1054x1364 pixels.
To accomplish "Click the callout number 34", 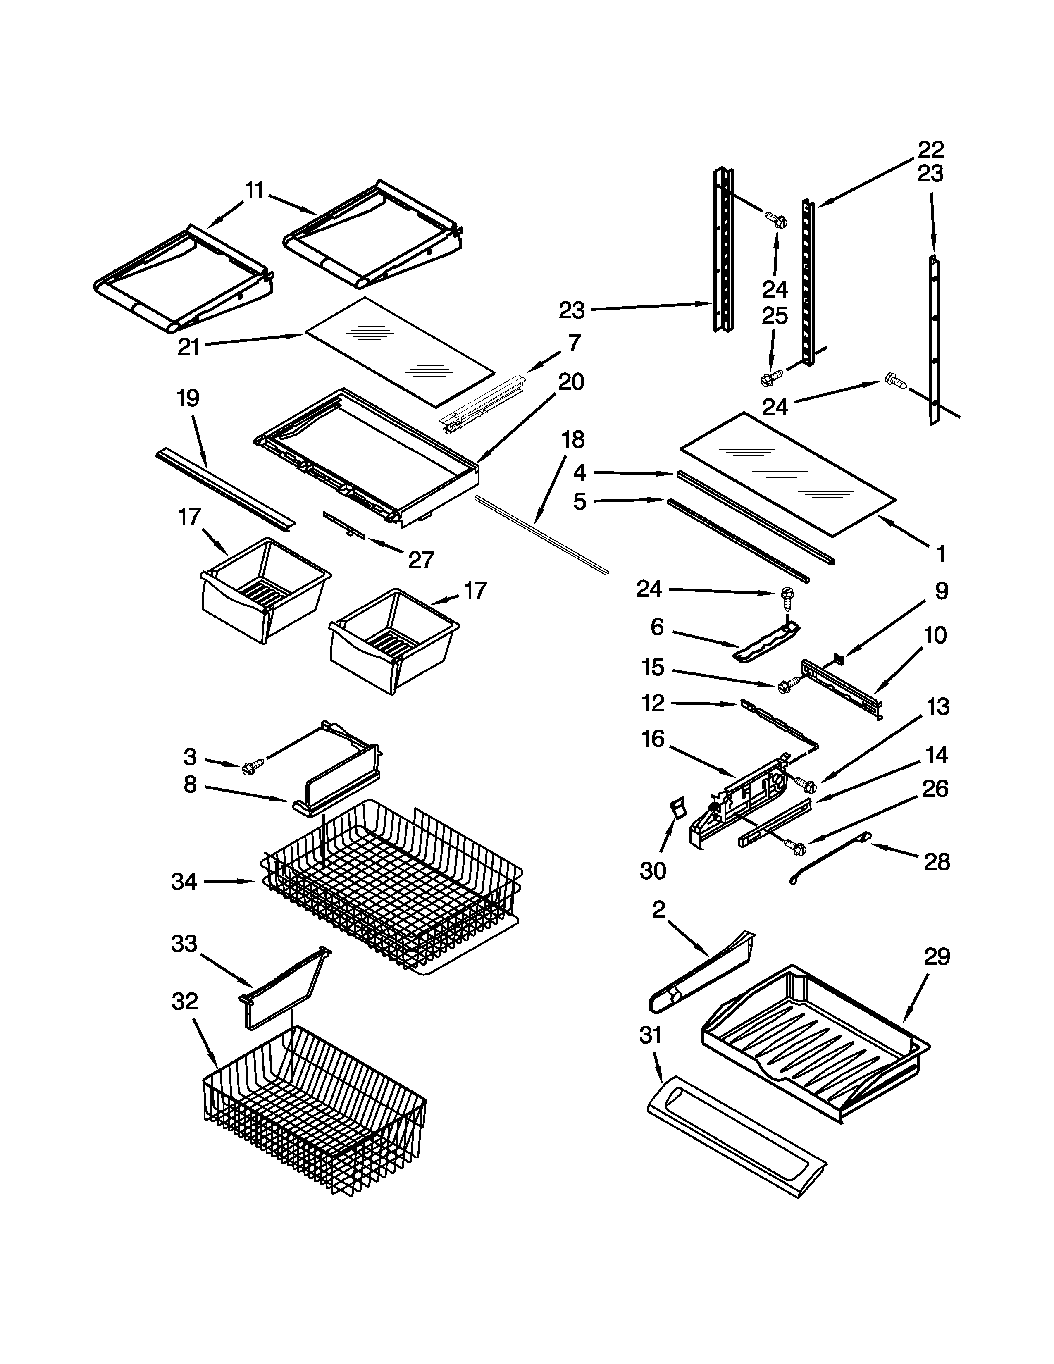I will point(184,882).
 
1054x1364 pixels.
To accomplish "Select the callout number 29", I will point(937,956).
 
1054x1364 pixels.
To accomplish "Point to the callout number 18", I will point(572,440).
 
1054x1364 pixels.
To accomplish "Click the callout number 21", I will point(188,347).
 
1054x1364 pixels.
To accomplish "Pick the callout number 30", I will point(653,870).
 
